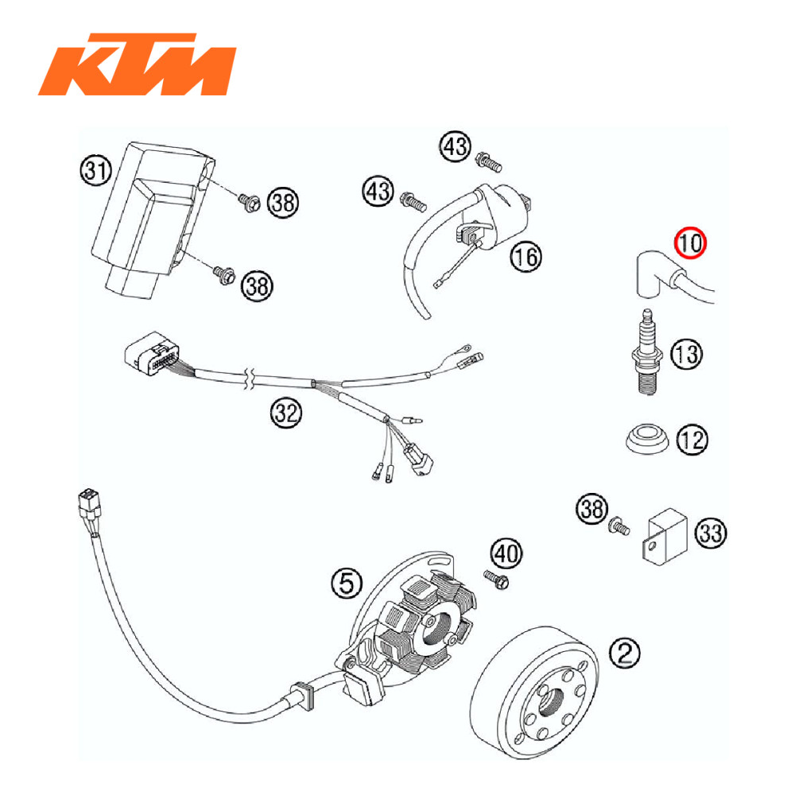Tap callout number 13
click(687, 353)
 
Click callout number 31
click(96, 169)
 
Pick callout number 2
click(624, 653)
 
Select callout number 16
click(525, 257)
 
